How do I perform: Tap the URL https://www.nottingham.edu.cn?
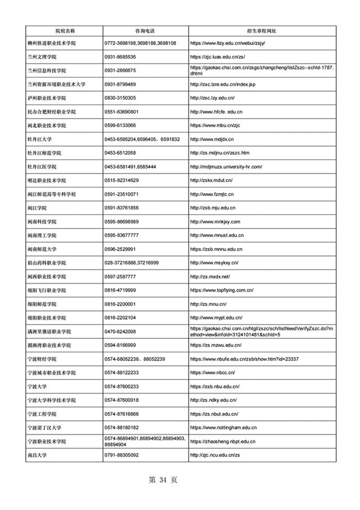[x=224, y=428]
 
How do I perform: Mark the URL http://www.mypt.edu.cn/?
[x=216, y=317]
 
